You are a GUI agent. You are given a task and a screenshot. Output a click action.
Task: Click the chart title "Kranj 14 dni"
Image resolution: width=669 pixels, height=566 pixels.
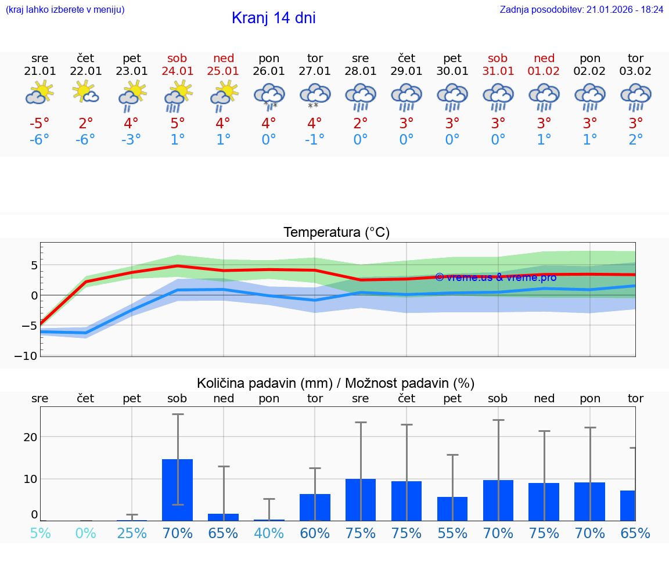(x=274, y=18)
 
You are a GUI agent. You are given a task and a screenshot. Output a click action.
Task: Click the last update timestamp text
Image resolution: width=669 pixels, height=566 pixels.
(x=581, y=9)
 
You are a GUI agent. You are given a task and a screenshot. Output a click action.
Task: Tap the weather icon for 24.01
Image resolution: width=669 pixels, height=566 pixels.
(x=178, y=96)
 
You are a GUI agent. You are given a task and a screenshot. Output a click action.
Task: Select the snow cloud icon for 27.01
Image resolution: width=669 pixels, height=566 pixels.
(x=315, y=96)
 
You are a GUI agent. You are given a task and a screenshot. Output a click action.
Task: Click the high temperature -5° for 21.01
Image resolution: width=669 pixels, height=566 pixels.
(x=39, y=124)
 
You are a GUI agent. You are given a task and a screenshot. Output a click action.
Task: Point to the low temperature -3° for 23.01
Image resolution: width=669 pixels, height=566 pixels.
(x=132, y=140)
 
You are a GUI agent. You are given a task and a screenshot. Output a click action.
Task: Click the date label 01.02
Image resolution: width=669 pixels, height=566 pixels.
(x=544, y=71)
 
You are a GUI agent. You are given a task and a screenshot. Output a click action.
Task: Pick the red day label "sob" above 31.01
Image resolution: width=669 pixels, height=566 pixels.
(x=498, y=58)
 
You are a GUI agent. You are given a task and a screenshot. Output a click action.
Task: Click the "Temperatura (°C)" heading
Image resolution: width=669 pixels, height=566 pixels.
(x=336, y=233)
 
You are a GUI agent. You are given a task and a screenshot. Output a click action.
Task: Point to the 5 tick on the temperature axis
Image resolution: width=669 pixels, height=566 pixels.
(x=34, y=265)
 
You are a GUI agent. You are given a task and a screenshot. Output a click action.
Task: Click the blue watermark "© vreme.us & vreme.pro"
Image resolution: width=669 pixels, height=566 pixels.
(x=495, y=277)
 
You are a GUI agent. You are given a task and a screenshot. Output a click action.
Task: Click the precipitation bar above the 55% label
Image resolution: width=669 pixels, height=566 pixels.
(x=452, y=509)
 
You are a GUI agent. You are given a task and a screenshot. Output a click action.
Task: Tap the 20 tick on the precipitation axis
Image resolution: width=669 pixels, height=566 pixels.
(x=30, y=437)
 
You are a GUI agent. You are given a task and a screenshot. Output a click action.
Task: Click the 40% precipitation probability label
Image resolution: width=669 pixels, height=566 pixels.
(x=269, y=533)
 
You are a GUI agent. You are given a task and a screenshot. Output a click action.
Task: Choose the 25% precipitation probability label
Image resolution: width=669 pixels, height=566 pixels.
(x=132, y=533)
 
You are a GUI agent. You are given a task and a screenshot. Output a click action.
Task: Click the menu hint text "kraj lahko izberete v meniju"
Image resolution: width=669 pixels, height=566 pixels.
(x=64, y=9)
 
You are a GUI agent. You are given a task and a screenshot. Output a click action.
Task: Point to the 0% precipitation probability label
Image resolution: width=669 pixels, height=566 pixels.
(x=86, y=533)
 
